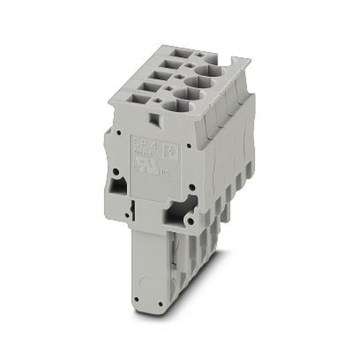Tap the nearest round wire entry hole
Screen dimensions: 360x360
(176, 105)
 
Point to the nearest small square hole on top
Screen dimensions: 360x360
(158, 100)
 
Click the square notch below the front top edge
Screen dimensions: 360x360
(156, 119)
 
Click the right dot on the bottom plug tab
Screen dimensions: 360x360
(160, 305)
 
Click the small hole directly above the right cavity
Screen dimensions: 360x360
(192, 187)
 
